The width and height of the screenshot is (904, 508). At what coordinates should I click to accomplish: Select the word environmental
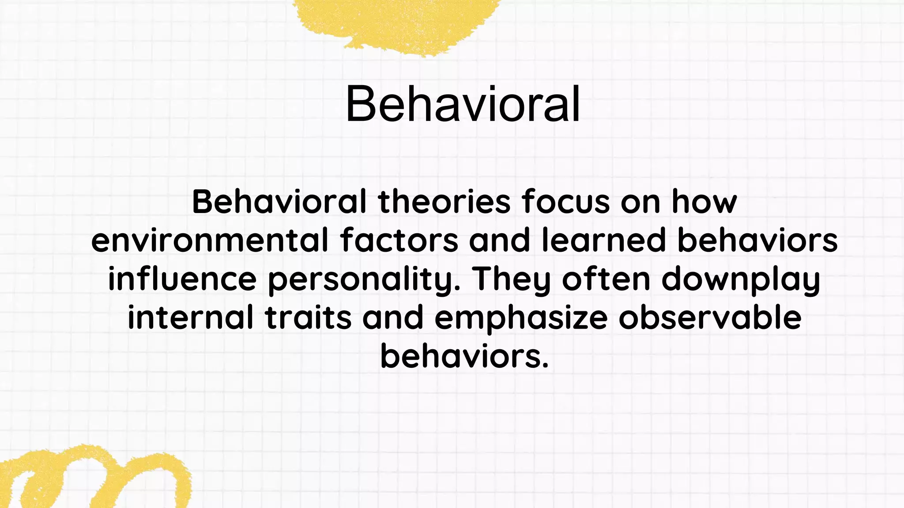click(x=210, y=241)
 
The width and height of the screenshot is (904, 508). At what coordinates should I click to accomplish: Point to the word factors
click(x=399, y=241)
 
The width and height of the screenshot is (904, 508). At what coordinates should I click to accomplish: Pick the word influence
click(x=182, y=280)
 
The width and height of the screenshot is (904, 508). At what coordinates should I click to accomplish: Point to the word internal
click(x=191, y=317)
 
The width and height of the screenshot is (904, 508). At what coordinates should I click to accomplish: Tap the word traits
click(x=308, y=317)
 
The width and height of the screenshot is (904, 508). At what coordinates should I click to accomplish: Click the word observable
click(x=709, y=317)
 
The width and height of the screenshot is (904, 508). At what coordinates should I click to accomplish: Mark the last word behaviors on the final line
click(x=463, y=356)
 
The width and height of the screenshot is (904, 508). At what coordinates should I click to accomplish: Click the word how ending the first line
click(x=704, y=202)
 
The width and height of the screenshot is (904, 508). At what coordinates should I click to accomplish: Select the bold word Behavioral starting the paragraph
click(x=279, y=202)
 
